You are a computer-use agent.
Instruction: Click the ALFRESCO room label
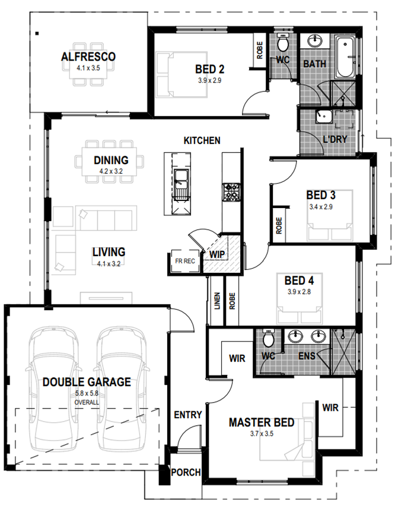88,56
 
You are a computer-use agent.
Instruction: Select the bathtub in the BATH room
345,57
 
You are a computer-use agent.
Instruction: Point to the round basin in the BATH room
314,42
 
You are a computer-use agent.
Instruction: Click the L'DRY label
335,139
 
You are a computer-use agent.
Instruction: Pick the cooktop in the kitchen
231,192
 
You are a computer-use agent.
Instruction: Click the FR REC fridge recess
184,262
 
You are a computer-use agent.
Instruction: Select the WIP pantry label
216,254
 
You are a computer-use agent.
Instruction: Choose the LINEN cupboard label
217,301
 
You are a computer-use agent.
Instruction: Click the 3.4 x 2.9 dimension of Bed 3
321,207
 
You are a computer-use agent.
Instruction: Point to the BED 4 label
300,280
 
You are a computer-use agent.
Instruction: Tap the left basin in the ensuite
295,336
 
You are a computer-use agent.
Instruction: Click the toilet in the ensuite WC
269,339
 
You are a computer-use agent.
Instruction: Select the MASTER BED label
262,422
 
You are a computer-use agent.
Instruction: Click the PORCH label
186,473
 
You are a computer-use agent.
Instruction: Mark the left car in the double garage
53,388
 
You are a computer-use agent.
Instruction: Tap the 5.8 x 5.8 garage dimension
87,394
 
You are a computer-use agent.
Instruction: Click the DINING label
111,160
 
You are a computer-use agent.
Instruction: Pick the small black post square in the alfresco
37,33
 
